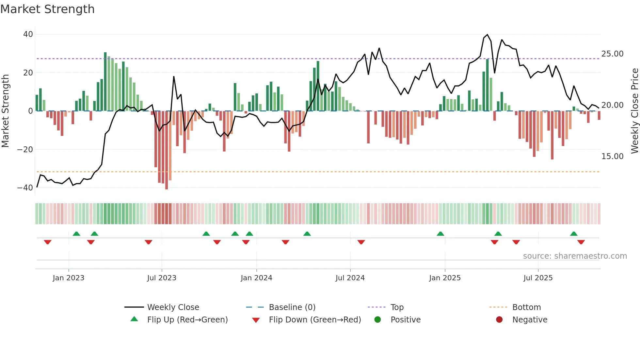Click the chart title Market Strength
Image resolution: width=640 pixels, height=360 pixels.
coord(47,9)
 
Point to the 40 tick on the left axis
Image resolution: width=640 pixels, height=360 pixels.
coord(28,34)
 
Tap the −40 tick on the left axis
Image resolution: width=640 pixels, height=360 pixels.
coord(25,188)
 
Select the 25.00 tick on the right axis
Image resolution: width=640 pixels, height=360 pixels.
coord(612,54)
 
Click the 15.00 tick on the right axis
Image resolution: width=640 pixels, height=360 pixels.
coord(612,156)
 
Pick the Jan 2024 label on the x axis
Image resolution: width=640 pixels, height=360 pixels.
coord(256,278)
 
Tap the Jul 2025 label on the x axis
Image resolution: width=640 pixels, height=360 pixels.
coord(538,278)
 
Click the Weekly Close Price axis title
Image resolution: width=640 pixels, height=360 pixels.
coord(634,111)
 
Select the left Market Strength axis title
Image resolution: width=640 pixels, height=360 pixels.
coord(6,111)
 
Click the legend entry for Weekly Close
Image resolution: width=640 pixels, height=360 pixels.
coord(173,307)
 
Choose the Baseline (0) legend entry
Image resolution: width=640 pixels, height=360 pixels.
coord(292,307)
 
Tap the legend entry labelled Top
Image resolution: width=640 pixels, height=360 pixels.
coord(397,307)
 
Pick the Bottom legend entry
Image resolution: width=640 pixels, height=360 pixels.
coord(526,307)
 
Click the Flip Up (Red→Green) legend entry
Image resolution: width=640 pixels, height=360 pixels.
coord(187,320)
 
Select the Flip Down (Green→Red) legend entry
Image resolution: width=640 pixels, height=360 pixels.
coord(315,320)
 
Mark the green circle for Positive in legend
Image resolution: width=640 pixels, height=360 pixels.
coord(377,320)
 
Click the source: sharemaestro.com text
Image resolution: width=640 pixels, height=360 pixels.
coord(575,256)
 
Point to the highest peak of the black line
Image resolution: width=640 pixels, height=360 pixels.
coord(487,35)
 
